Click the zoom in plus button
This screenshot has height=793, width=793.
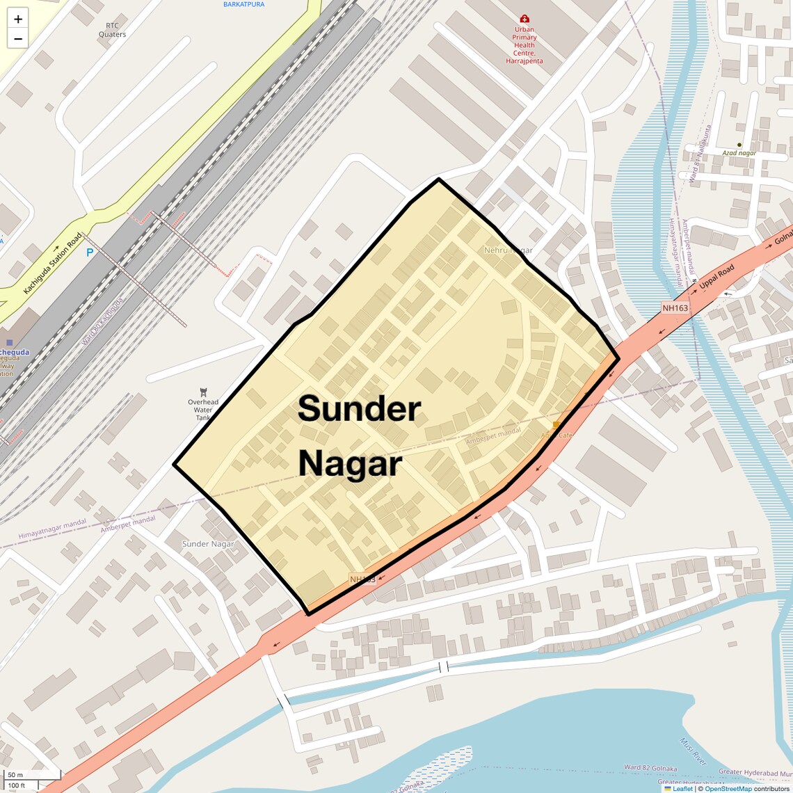pyautogui.click(x=18, y=19)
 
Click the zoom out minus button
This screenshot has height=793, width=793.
pyautogui.click(x=18, y=39)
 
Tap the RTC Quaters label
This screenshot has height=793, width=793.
pyautogui.click(x=112, y=30)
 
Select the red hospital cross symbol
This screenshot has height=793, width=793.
pyautogui.click(x=524, y=19)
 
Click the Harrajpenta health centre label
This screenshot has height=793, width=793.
pyautogui.click(x=524, y=45)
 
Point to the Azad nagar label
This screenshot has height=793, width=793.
pyautogui.click(x=739, y=153)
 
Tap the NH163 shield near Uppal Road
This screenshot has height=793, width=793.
pyautogui.click(x=675, y=307)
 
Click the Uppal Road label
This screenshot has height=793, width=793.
pyautogui.click(x=716, y=278)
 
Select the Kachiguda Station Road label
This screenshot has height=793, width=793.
pyautogui.click(x=53, y=263)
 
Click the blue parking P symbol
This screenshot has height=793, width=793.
pyautogui.click(x=89, y=253)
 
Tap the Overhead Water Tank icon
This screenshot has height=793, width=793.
pyautogui.click(x=203, y=392)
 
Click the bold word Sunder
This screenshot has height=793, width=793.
pyautogui.click(x=359, y=408)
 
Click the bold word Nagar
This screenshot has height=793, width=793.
pyautogui.click(x=350, y=464)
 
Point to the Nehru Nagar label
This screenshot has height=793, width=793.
pyautogui.click(x=508, y=250)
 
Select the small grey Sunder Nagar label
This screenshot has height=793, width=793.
pyautogui.click(x=208, y=544)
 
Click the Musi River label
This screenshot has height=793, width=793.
pyautogui.click(x=694, y=752)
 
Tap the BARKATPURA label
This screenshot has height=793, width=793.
pyautogui.click(x=243, y=4)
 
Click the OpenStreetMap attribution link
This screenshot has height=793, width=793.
pyautogui.click(x=728, y=789)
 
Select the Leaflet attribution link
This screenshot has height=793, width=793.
pyautogui.click(x=682, y=789)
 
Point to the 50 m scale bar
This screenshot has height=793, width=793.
pyautogui.click(x=15, y=775)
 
